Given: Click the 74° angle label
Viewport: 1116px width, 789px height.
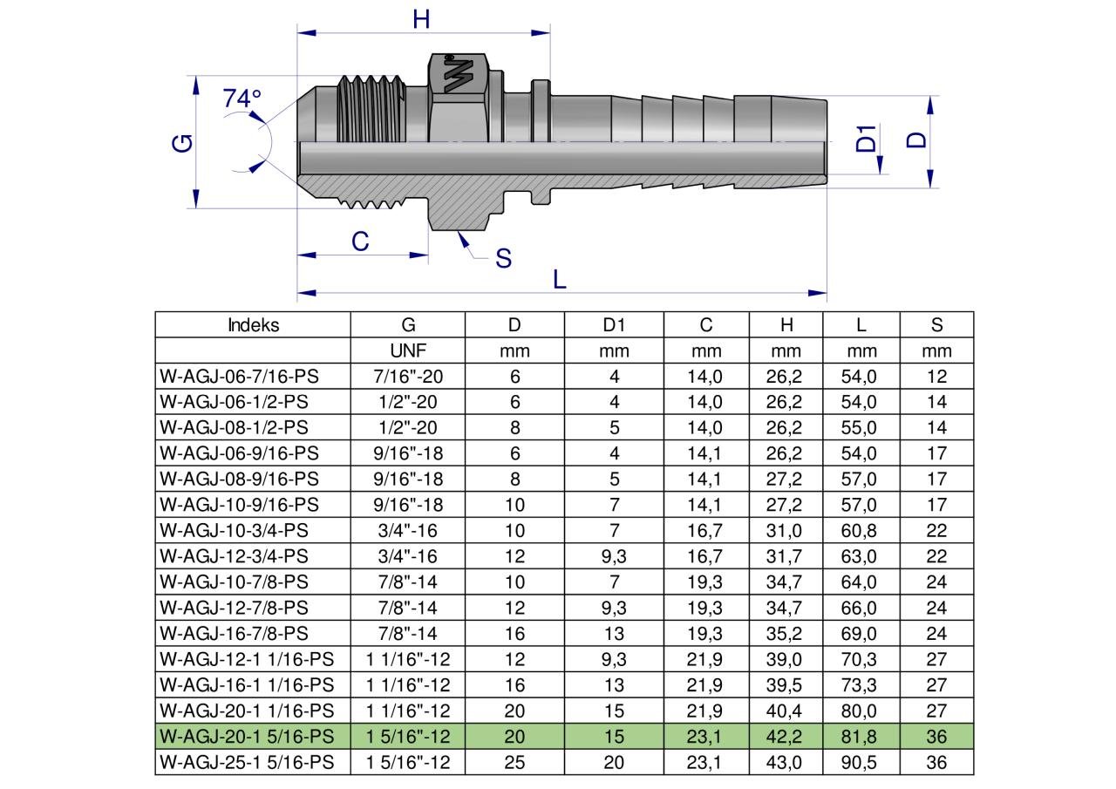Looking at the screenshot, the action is coord(242,99).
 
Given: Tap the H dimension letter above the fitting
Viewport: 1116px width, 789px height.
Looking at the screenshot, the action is coord(421,19).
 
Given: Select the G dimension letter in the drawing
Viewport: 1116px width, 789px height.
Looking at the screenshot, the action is coord(182,144).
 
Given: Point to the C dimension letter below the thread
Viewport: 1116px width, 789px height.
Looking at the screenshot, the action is coord(360,242).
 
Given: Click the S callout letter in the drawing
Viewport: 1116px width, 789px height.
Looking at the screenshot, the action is coord(503,259).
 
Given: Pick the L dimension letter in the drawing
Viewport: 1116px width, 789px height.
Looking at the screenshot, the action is coord(560,280).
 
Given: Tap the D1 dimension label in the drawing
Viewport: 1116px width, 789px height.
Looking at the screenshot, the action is coord(866,138).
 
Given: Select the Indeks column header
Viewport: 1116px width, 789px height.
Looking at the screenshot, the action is coord(253,325).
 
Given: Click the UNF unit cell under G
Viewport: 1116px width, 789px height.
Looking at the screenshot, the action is coord(408,351).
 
